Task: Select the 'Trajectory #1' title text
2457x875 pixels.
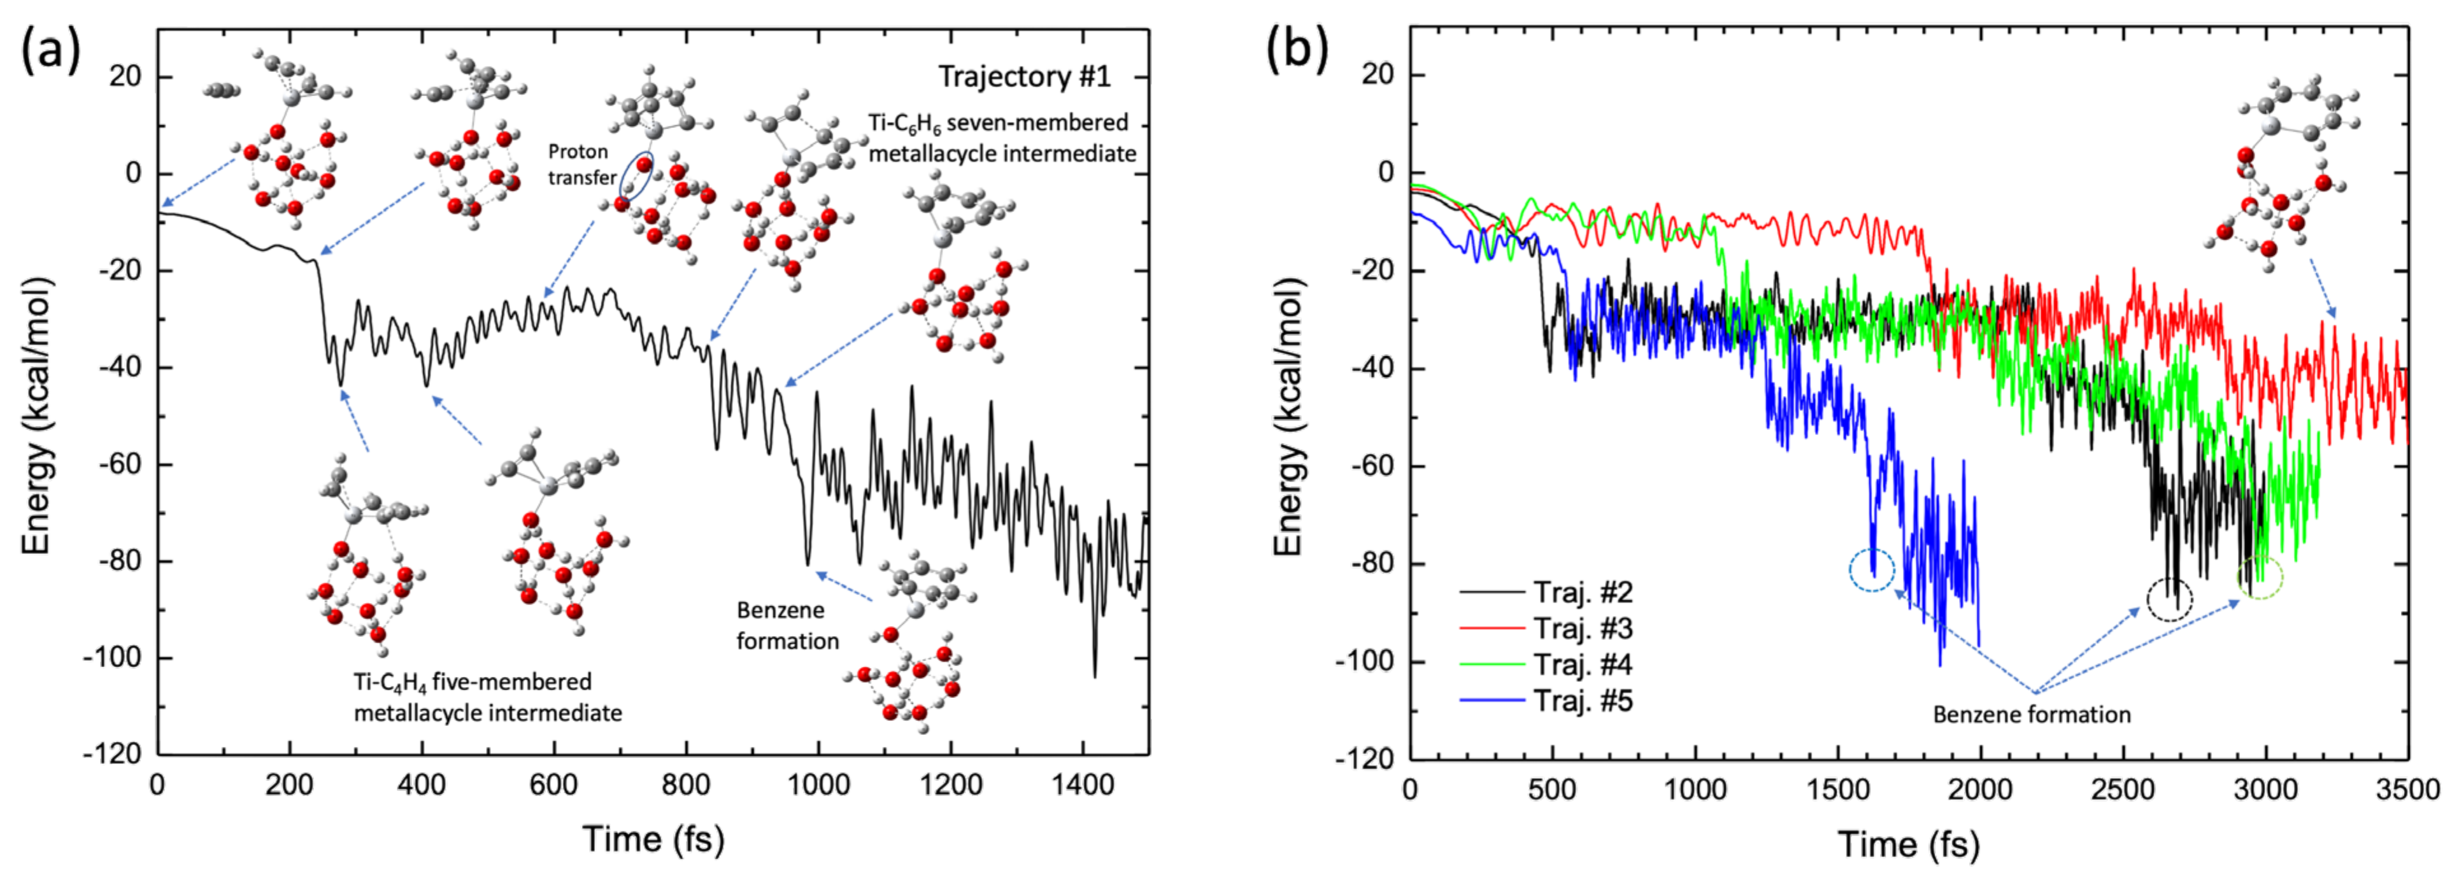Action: (x=1024, y=76)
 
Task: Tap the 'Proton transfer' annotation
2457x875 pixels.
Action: (x=580, y=164)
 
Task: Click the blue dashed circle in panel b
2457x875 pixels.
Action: (x=1871, y=571)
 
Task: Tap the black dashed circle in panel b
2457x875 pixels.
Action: (x=2169, y=600)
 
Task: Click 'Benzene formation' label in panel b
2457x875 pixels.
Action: (x=2031, y=715)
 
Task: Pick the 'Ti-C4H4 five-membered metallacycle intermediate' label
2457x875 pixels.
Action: (x=487, y=697)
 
